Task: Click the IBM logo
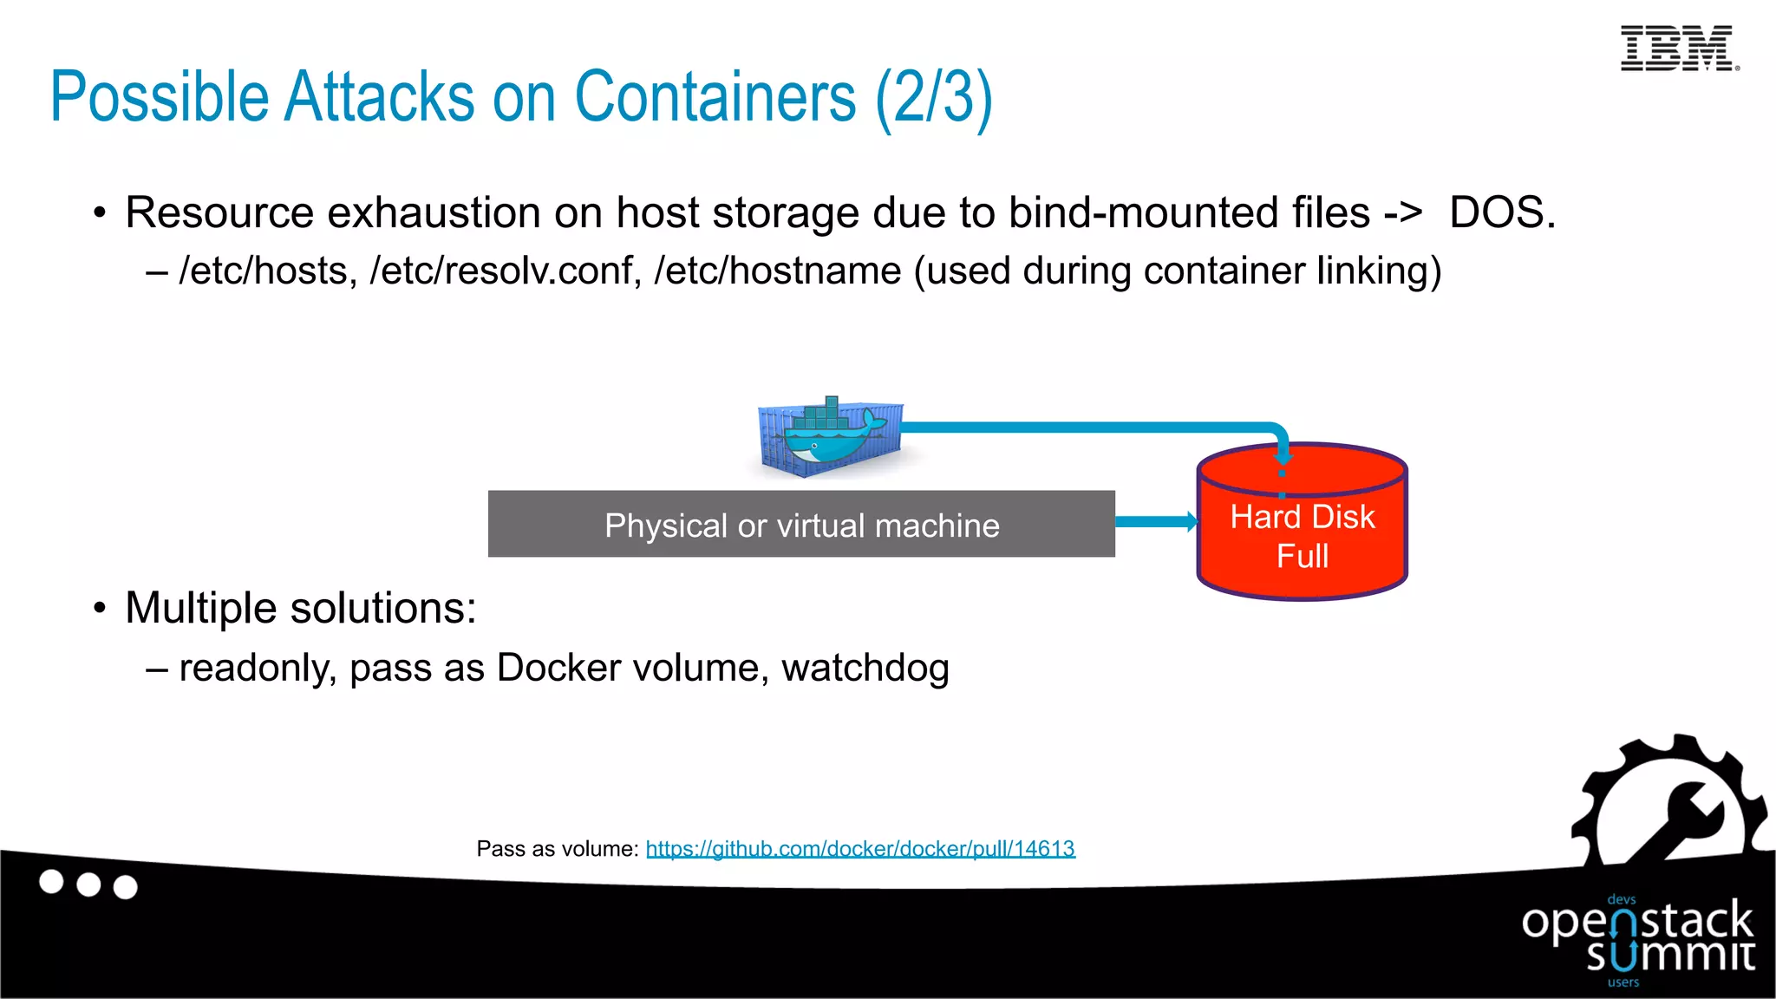1679,48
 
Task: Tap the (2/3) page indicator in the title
933,98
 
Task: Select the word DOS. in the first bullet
1502,212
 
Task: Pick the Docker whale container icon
830,436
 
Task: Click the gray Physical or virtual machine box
801,524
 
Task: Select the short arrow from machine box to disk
1156,521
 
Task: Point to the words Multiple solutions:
300,607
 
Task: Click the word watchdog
865,668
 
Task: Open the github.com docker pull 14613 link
860,848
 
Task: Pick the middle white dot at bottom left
88,885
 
